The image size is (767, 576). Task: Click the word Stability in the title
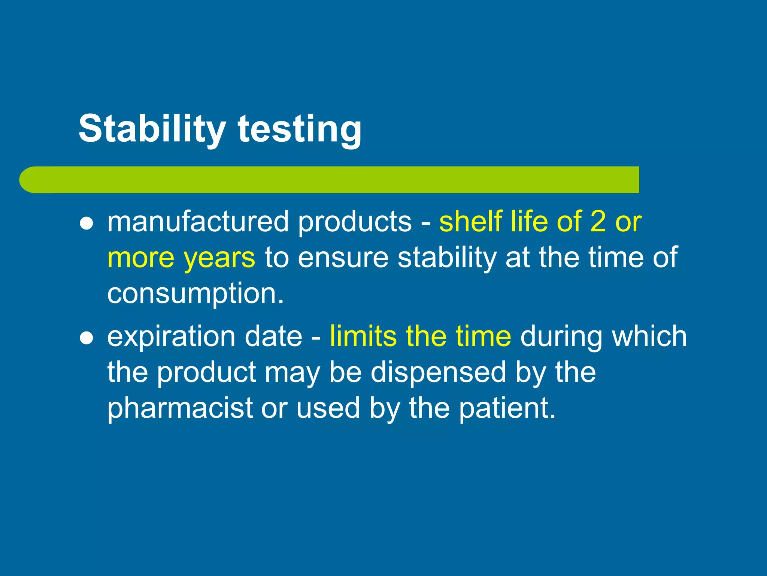[152, 129]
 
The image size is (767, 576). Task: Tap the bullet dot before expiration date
[87, 338]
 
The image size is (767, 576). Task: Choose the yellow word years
[219, 258]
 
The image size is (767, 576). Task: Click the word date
[273, 336]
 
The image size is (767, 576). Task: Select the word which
[649, 336]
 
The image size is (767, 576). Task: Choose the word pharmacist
[180, 408]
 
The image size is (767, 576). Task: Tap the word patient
[507, 408]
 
